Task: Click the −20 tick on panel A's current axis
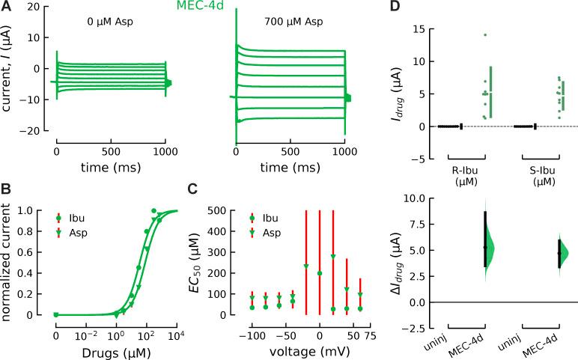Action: (34, 131)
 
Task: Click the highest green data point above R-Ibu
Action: (485, 35)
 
